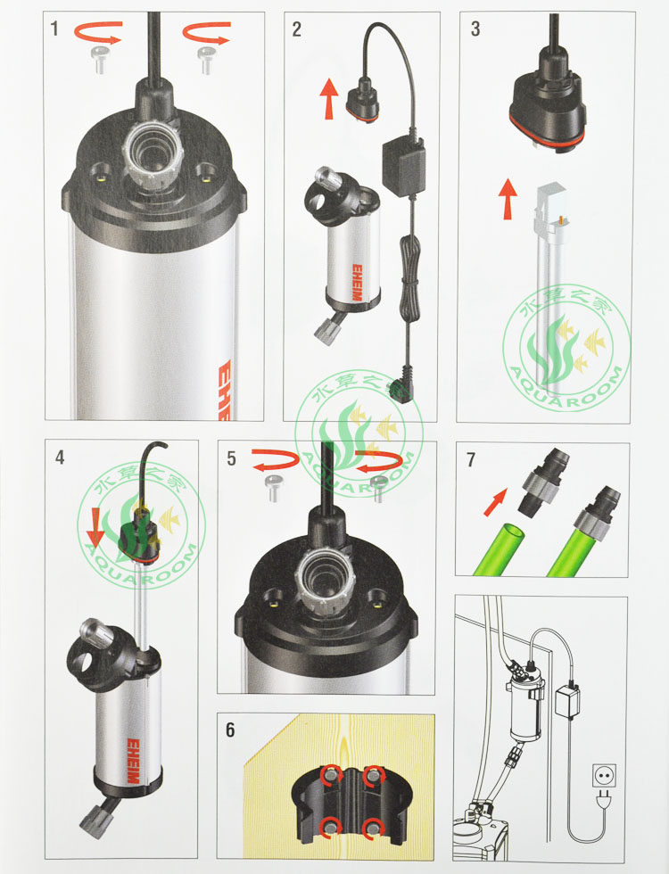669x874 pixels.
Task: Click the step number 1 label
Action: coord(54,28)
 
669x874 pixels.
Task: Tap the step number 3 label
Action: coord(475,29)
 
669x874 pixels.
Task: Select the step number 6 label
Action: coord(230,730)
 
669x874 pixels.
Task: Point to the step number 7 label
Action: coord(471,460)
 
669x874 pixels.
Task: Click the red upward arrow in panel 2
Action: coord(329,99)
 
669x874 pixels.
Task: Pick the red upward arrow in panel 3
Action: coord(508,198)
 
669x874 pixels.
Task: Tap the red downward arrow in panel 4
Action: coord(95,527)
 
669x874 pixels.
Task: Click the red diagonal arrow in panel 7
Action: coord(496,501)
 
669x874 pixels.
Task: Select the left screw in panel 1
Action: coord(100,60)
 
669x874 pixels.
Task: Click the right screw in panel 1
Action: coord(206,60)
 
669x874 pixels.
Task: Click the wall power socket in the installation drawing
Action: coord(604,775)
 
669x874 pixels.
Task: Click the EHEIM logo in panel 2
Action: coord(356,282)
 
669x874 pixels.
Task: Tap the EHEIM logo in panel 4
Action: coord(133,761)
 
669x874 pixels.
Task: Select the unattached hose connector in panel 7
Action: coord(541,481)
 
